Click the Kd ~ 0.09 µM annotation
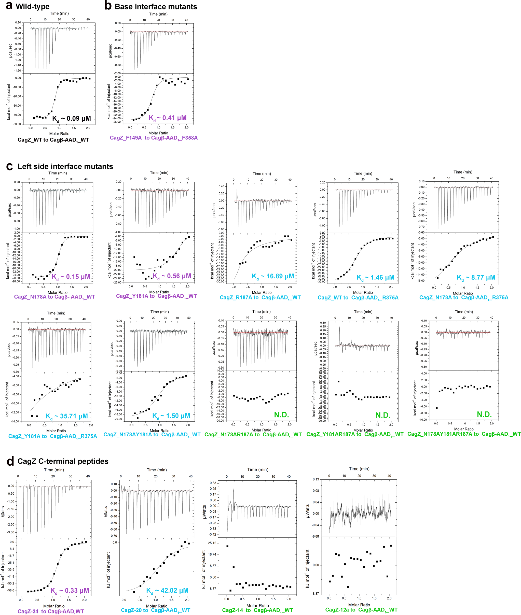tap(72, 119)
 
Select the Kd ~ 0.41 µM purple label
tap(168, 118)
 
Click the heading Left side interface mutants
tap(65, 166)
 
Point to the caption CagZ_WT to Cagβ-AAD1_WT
tap(53, 140)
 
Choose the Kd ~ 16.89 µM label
tap(273, 276)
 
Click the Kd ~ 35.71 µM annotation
tap(66, 416)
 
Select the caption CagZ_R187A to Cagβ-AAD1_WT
tap(260, 297)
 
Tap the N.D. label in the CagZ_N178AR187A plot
tap(281, 415)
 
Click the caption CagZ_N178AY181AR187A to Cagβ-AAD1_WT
tap(464, 434)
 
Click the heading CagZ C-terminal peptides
tap(63, 461)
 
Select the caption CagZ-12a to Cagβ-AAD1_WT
tap(361, 610)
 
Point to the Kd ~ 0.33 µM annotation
tap(70, 591)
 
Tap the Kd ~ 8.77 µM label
tap(476, 277)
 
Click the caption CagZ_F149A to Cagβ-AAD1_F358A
tap(154, 138)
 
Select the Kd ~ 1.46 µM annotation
tap(375, 277)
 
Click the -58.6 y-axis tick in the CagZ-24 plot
tap(10, 590)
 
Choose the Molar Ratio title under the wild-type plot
tap(59, 134)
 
